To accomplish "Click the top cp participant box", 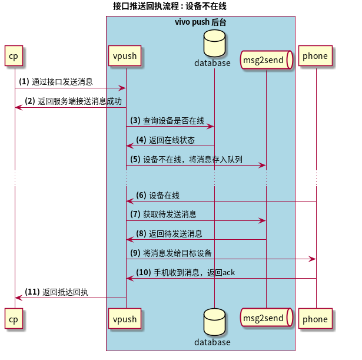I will [15, 57].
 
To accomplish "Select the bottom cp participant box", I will [15, 319].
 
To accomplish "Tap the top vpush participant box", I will [125, 57].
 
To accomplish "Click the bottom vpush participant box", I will [125, 319].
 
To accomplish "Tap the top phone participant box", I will [315, 57].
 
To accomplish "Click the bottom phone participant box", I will [315, 319].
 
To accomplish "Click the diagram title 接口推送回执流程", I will [170, 6].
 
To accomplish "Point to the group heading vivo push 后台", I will [200, 22].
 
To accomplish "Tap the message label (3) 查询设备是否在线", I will [167, 120].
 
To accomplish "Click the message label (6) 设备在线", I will [157, 196].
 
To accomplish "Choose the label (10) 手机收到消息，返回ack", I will [185, 272].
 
